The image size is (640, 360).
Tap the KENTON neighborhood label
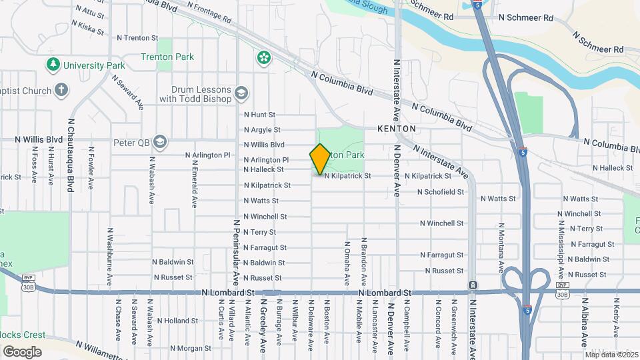[396, 128]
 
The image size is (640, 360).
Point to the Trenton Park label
[167, 57]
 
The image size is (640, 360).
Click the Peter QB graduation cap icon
[160, 142]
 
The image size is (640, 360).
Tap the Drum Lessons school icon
[241, 93]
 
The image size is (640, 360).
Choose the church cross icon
[61, 90]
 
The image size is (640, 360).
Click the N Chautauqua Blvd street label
[70, 156]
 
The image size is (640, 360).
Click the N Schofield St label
[440, 192]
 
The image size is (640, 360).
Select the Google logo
[22, 351]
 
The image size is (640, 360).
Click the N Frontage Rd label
[209, 8]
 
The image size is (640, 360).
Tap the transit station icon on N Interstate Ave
[473, 285]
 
